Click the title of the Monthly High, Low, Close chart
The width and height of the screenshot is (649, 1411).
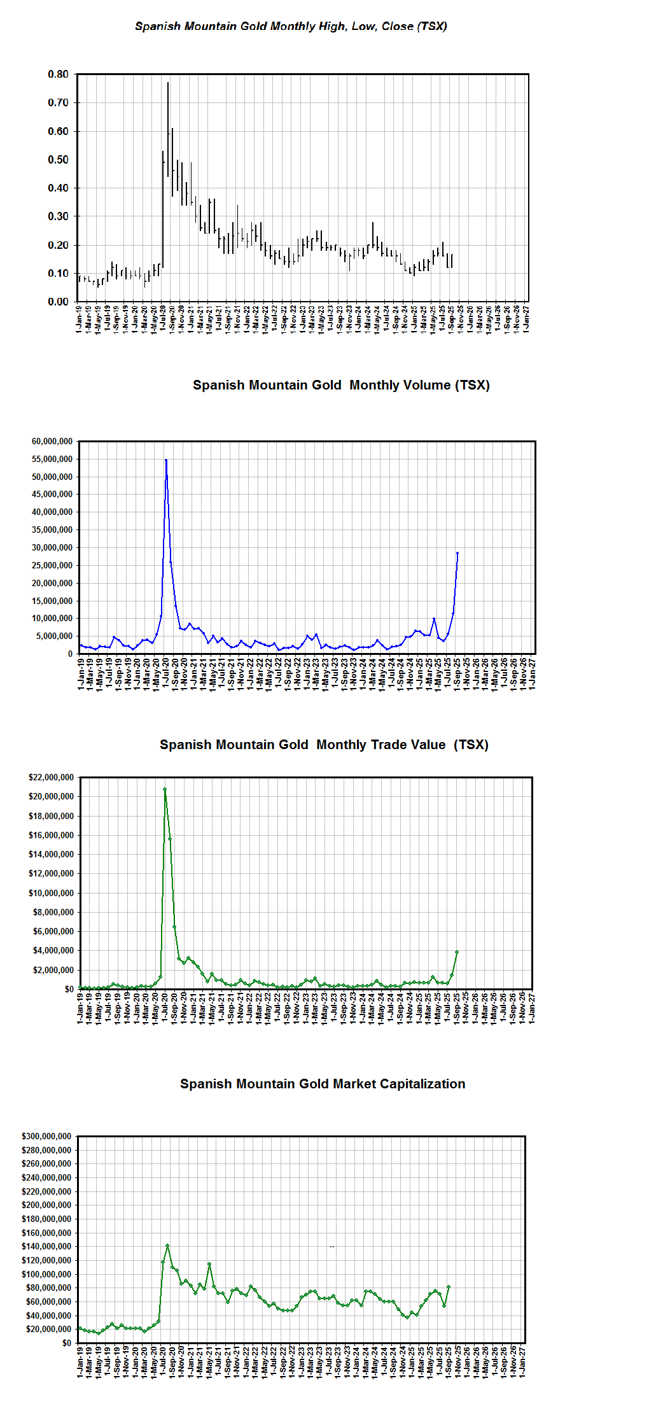pyautogui.click(x=291, y=26)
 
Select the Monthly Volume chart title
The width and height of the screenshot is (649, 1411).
pyautogui.click(x=341, y=385)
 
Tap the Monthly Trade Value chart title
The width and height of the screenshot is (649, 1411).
pyautogui.click(x=324, y=745)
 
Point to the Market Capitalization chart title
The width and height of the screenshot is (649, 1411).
pyautogui.click(x=323, y=1084)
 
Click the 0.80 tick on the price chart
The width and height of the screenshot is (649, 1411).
pyautogui.click(x=58, y=74)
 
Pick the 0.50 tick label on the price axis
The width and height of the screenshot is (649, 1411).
pyautogui.click(x=58, y=160)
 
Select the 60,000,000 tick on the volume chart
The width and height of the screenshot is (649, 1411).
pyautogui.click(x=52, y=441)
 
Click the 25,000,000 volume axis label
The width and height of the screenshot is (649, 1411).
pyautogui.click(x=52, y=565)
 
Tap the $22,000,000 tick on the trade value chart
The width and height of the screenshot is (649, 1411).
pyautogui.click(x=51, y=777)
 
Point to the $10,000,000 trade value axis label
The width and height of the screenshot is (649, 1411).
pyautogui.click(x=51, y=893)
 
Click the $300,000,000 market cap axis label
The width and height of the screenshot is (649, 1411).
pyautogui.click(x=46, y=1136)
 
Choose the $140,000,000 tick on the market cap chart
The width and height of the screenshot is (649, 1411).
pyautogui.click(x=46, y=1246)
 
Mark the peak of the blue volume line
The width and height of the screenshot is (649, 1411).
pyautogui.click(x=166, y=460)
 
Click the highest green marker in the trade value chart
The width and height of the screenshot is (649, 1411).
pyautogui.click(x=165, y=789)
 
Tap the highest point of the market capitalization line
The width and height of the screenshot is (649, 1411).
pyautogui.click(x=167, y=1246)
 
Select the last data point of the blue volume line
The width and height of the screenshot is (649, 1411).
pyautogui.click(x=457, y=553)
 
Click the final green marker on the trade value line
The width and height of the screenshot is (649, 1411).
pyautogui.click(x=456, y=952)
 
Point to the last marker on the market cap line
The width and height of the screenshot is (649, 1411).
pyautogui.click(x=449, y=1287)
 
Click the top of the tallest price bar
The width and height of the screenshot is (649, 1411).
pyautogui.click(x=168, y=82)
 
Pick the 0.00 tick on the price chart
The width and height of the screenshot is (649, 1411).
pyautogui.click(x=58, y=302)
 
